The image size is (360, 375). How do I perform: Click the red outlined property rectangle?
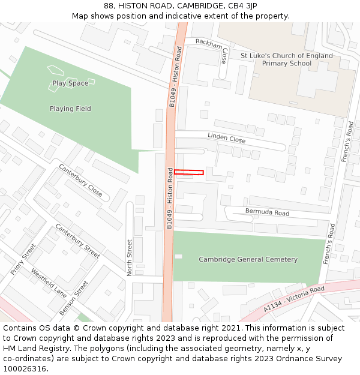(189, 173)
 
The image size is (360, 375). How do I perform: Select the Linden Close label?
(227, 137)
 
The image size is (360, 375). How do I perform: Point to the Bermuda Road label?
(267, 212)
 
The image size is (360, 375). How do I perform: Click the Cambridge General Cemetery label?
(248, 259)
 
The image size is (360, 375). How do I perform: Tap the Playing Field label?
(70, 109)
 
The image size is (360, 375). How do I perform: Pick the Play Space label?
(70, 83)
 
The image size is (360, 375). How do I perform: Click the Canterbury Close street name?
(80, 181)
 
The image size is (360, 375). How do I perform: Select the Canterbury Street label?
(77, 241)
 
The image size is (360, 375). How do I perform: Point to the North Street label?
(130, 258)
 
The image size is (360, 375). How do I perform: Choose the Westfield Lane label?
(49, 283)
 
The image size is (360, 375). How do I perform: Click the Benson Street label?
(74, 298)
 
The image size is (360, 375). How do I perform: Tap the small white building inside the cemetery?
(178, 256)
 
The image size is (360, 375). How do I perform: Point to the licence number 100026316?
(25, 368)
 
